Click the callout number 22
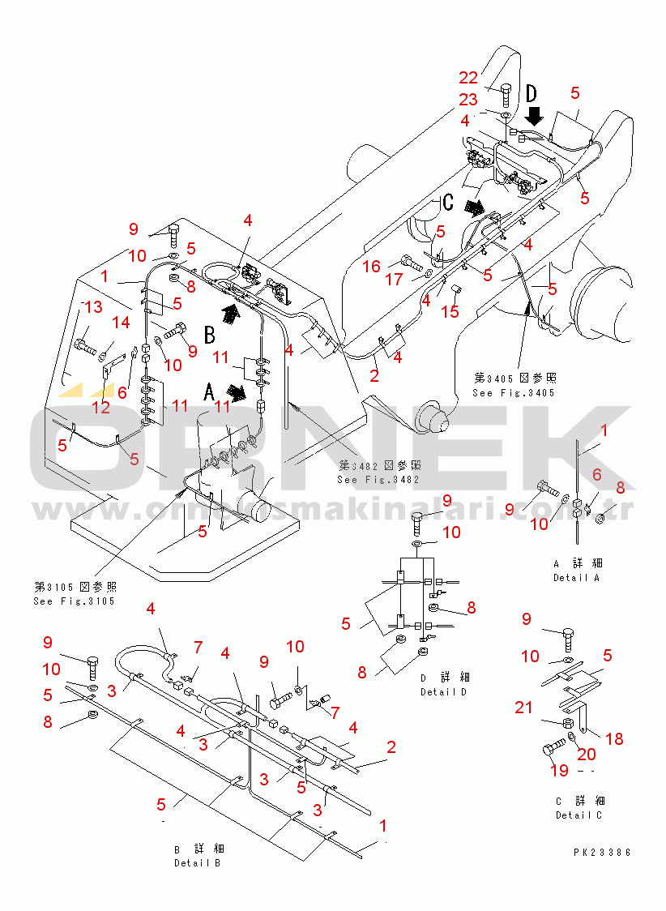tap(469, 78)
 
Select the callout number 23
tap(468, 100)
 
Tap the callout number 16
tap(372, 267)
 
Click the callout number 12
tap(100, 407)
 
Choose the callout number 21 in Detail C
tap(524, 708)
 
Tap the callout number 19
tap(559, 771)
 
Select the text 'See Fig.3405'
tap(514, 393)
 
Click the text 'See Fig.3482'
tap(378, 479)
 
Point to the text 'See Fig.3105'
tap(75, 601)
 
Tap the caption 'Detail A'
tap(577, 578)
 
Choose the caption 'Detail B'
tap(197, 862)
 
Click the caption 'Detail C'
tap(578, 815)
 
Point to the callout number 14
tap(121, 323)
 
